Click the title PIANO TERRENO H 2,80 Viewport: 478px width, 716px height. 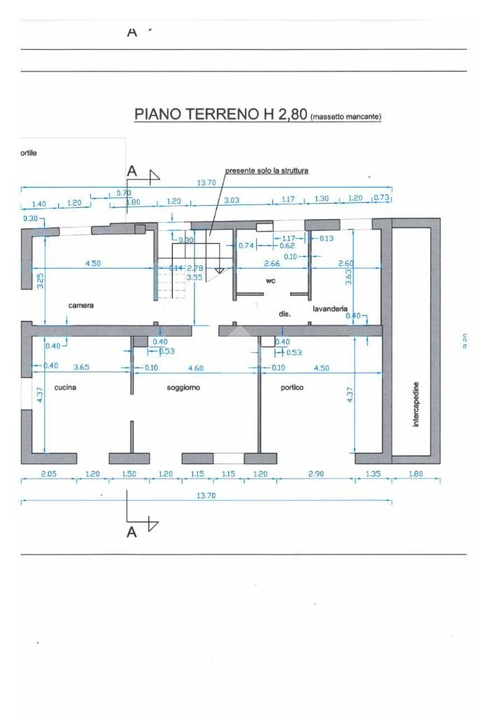(x=220, y=115)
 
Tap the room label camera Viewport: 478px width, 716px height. (x=81, y=306)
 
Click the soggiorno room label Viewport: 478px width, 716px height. (x=183, y=387)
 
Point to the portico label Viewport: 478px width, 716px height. (x=292, y=387)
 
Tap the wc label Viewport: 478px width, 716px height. (x=270, y=280)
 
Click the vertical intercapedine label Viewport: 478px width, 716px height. (x=416, y=405)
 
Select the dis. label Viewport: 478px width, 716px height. (x=284, y=314)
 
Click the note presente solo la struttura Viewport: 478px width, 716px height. (x=267, y=170)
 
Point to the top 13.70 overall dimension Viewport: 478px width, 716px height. (x=206, y=183)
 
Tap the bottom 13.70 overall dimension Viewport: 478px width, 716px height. (x=206, y=495)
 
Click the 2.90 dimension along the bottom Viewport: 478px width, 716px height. (x=316, y=474)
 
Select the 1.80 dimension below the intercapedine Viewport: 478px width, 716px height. (x=416, y=474)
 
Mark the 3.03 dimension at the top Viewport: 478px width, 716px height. (x=232, y=200)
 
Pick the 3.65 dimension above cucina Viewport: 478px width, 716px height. (x=81, y=367)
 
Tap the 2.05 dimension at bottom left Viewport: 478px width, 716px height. (x=48, y=474)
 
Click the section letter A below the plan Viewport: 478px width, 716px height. (x=131, y=533)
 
